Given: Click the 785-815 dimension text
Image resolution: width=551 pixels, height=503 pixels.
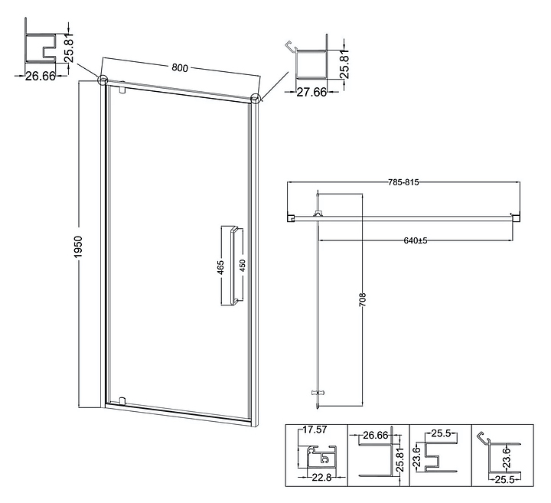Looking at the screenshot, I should click(403, 183).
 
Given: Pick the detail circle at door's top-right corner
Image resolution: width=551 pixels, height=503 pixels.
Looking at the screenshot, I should click(256, 97).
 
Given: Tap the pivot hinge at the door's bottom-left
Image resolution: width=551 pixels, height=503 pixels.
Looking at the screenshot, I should click(122, 400).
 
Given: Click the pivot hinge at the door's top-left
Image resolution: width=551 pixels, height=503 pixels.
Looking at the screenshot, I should click(122, 90).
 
